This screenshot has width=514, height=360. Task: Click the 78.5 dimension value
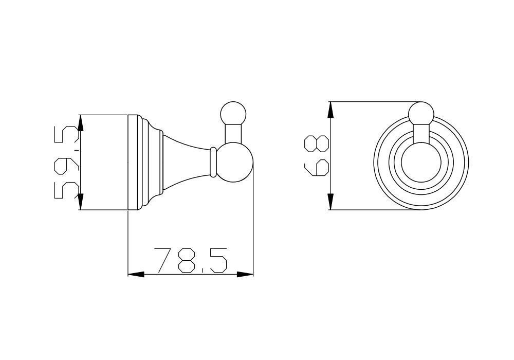pos(190,260)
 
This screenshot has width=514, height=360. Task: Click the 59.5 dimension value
pos(67,163)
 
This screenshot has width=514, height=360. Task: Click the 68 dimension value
pos(317,156)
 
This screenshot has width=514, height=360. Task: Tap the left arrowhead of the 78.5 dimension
pos(136,274)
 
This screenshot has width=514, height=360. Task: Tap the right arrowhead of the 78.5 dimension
pos(245,274)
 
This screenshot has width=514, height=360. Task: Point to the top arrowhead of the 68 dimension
pos(331,110)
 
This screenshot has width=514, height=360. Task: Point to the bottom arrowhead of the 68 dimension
pos(331,201)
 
